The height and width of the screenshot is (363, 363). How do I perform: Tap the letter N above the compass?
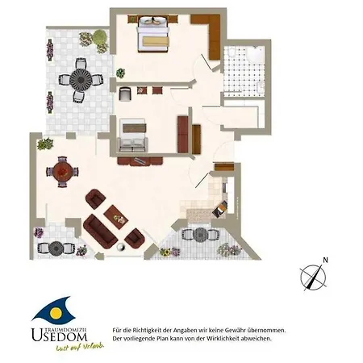[325, 260]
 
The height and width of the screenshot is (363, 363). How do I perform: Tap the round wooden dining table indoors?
[62, 172]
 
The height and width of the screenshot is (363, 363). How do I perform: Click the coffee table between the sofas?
[116, 215]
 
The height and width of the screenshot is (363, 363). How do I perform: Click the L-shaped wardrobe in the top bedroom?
[212, 36]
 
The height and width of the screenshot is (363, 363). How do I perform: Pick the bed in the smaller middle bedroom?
[132, 135]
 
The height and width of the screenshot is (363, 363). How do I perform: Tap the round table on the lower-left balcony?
[56, 247]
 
